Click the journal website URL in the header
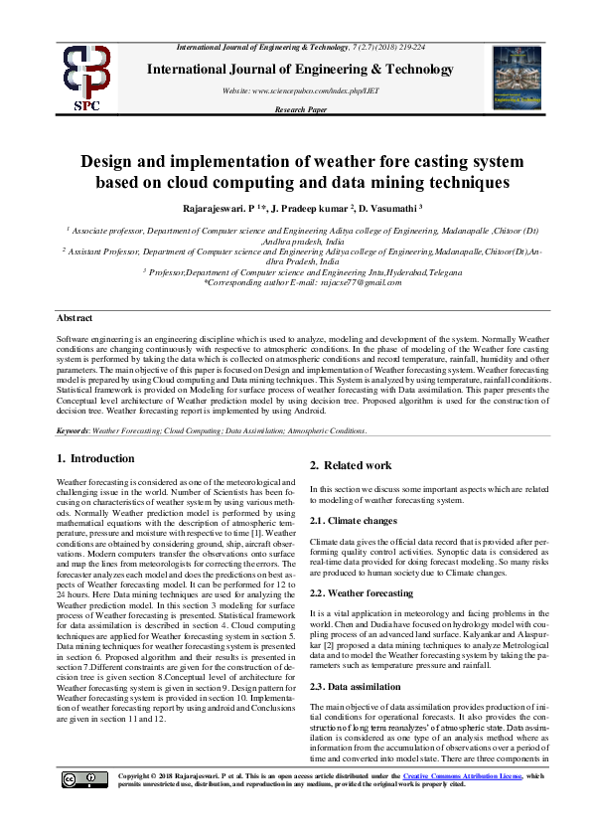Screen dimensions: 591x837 300,90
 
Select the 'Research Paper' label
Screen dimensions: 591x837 300,109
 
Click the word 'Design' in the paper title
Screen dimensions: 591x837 113,162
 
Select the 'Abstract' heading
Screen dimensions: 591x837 74,318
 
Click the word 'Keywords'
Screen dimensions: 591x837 73,430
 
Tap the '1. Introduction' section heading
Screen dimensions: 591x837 95,458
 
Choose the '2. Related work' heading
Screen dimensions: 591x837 350,465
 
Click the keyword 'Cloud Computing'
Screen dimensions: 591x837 193,430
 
